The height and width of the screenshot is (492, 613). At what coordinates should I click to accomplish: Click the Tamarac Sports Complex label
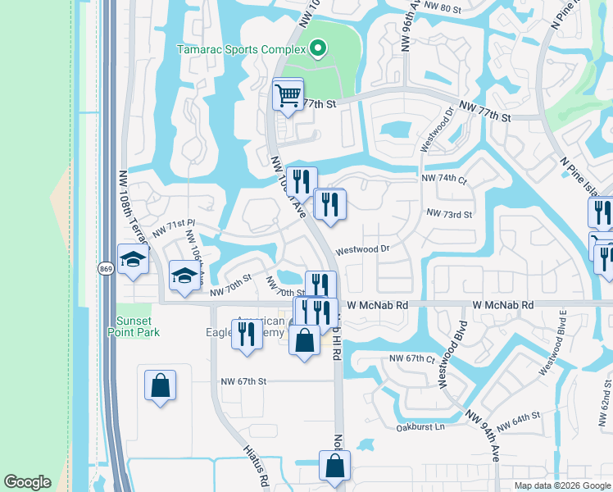tap(241, 49)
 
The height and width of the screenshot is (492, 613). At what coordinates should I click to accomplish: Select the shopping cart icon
tap(288, 95)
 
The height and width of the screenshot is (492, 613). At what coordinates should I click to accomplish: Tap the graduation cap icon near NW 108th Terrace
tap(131, 261)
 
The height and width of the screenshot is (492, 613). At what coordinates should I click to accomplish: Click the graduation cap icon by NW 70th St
tap(184, 276)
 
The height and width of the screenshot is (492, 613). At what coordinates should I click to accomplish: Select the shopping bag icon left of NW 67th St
tap(160, 385)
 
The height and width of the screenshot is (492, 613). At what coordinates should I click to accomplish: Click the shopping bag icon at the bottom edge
tap(334, 466)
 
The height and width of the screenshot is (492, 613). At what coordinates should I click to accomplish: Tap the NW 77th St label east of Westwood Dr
tap(485, 112)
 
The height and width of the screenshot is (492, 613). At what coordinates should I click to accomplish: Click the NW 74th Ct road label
tap(443, 178)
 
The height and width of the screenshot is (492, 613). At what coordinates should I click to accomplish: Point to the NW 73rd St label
tap(449, 214)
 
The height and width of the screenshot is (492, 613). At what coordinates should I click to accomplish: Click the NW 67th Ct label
tap(411, 358)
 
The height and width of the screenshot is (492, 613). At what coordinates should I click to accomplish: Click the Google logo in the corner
tap(27, 483)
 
